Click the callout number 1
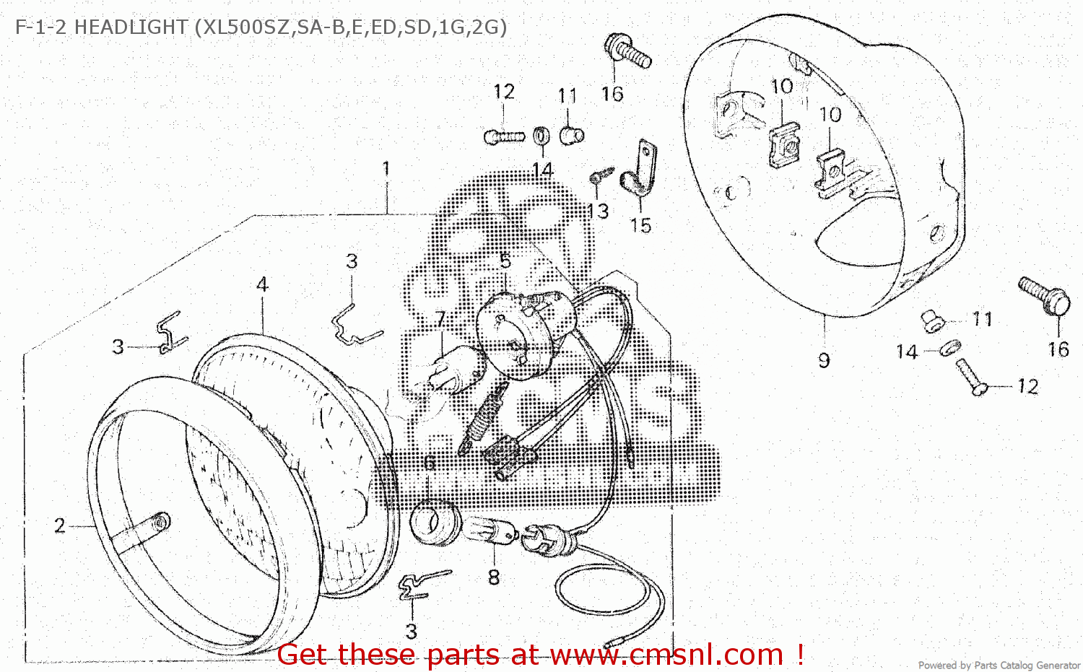(x=386, y=169)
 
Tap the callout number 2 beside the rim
(x=59, y=525)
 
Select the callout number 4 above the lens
(x=262, y=284)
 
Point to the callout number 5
(x=505, y=261)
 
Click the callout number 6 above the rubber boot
(x=429, y=463)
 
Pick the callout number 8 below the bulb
(x=494, y=577)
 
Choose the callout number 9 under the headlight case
(x=824, y=360)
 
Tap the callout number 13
(x=598, y=211)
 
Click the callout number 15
(x=640, y=225)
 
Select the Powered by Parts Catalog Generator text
(x=999, y=665)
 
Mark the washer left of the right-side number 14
(x=950, y=348)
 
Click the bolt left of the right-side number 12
(x=970, y=377)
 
